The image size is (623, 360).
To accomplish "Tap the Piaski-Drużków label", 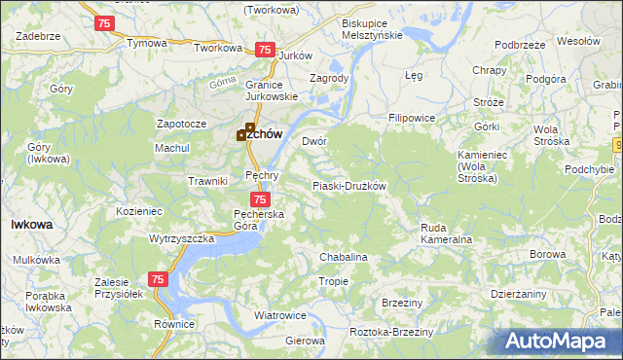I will pos(349,186).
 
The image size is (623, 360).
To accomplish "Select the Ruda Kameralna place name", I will pos(446,234).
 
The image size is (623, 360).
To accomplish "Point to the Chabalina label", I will pos(344,257).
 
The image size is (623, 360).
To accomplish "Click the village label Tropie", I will pos(333,281).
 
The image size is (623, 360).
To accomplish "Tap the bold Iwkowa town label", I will pos(31,224).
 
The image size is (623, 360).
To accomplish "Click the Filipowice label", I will pos(412,118).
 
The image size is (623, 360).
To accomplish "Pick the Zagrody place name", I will pos(328,78).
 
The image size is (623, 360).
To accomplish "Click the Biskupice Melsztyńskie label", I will pos(372,28).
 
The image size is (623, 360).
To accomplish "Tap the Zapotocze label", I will pos(181,125).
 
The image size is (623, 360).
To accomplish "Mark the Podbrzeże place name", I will pos(519,45).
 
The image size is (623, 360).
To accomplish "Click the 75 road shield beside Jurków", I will pos(264,49).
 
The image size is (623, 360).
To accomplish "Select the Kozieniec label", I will pos(138,210).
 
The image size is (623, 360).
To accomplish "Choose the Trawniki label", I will pos(207,181).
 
